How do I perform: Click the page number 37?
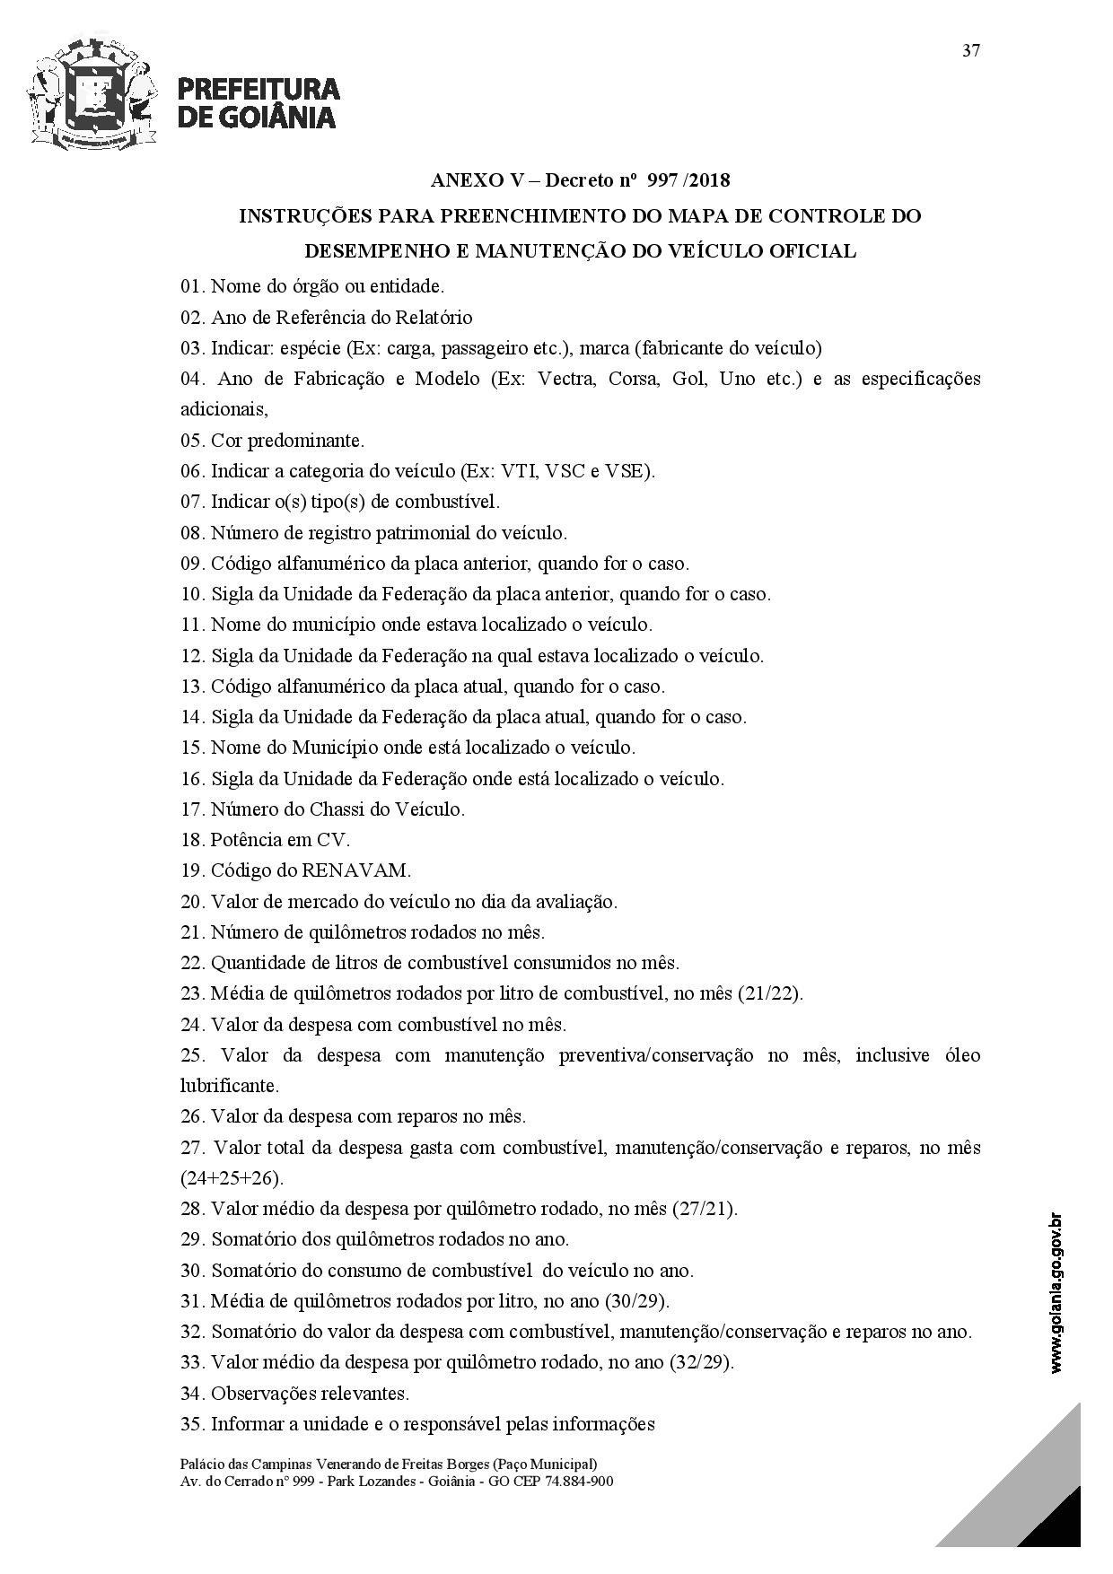[971, 50]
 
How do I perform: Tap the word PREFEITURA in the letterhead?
[259, 89]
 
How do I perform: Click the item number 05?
[192, 441]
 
